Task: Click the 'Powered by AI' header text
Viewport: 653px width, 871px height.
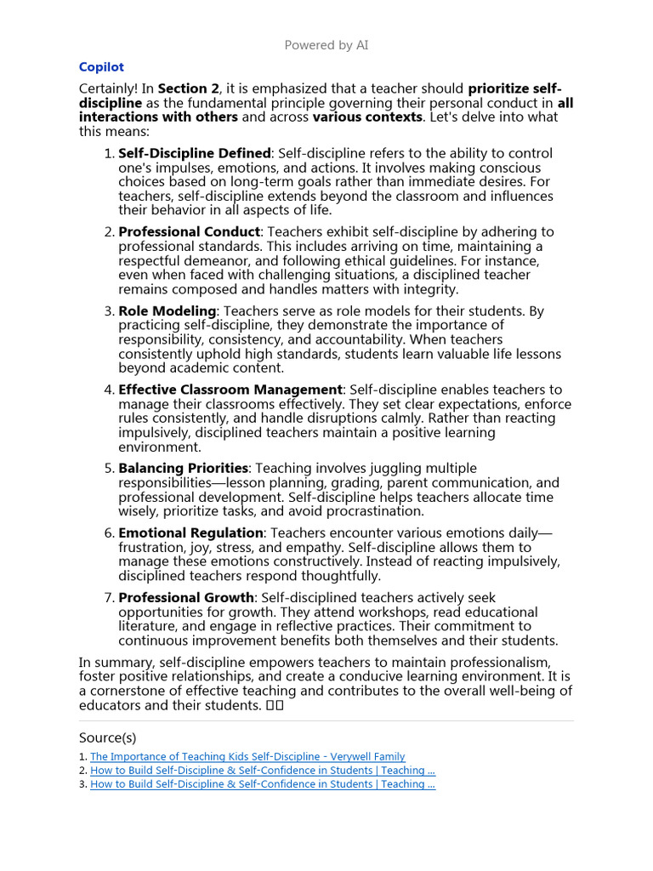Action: pos(326,45)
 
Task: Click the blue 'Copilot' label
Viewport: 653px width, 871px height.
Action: pos(101,67)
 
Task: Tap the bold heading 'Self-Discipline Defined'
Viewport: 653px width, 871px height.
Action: pos(194,153)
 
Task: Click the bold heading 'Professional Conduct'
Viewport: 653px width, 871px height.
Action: pos(189,231)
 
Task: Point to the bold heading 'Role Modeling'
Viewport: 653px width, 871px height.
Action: pos(168,311)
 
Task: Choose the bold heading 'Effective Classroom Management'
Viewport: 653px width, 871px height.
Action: pos(230,390)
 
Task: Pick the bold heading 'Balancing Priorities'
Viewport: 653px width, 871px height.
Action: pos(183,468)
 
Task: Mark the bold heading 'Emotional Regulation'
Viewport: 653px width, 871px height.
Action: pos(190,532)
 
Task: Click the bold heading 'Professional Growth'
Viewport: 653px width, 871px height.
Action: pos(186,598)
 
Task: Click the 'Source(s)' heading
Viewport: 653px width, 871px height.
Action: pos(107,737)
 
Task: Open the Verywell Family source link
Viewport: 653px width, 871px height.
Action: pos(247,756)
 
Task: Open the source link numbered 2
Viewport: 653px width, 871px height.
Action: pos(263,771)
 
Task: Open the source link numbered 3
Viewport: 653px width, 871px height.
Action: pos(263,784)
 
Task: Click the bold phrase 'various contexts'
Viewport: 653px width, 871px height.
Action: pos(367,117)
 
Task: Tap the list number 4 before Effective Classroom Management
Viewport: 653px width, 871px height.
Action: pos(109,390)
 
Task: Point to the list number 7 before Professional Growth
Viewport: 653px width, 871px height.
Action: pos(109,598)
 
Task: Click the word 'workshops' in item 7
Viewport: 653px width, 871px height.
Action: pos(260,612)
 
